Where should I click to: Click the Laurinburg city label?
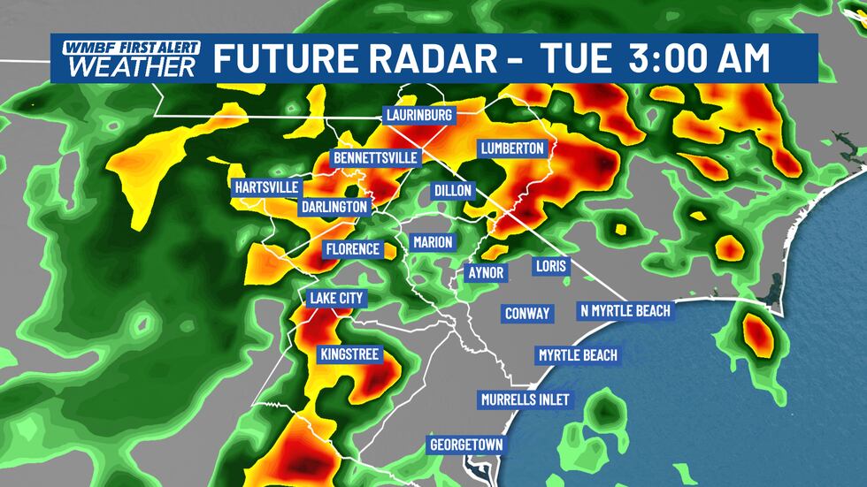[x=419, y=116]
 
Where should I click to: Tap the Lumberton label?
[x=511, y=148]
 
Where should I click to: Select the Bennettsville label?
[x=375, y=158]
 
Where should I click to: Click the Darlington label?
[x=334, y=206]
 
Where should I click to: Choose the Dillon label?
[x=454, y=190]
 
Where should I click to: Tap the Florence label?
[x=352, y=249]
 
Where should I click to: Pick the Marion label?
[x=433, y=242]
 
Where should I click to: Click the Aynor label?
[x=485, y=273]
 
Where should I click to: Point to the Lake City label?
[x=335, y=299]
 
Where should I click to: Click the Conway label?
[x=527, y=313]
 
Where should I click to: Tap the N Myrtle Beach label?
[x=625, y=310]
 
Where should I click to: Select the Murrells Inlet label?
[x=525, y=399]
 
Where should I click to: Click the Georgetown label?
[x=465, y=444]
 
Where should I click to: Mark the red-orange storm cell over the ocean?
[x=757, y=332]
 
